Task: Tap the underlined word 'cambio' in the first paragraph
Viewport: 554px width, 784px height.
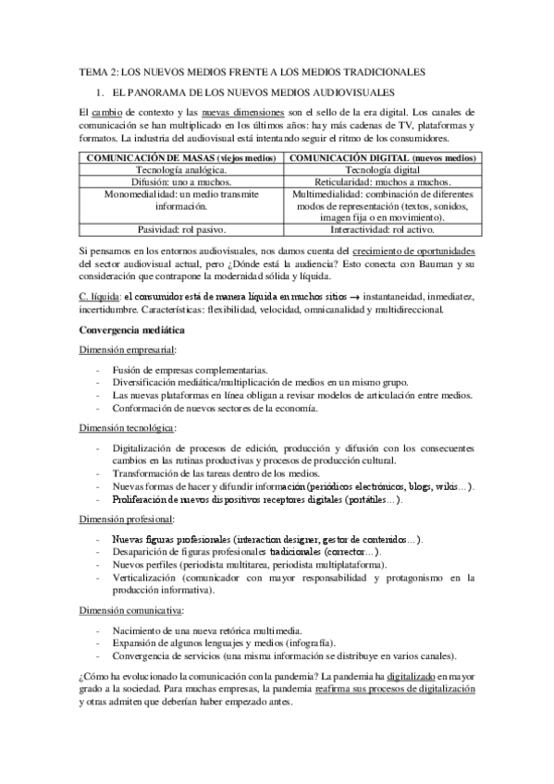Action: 107,112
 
